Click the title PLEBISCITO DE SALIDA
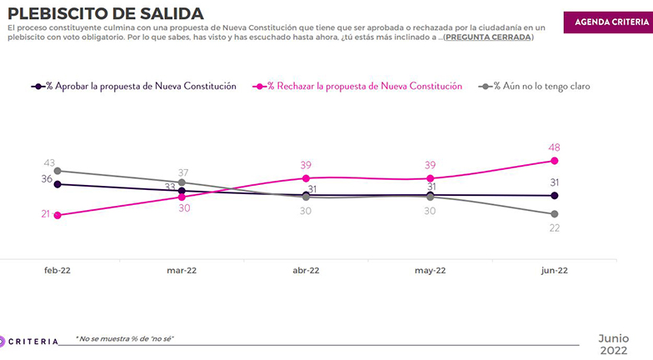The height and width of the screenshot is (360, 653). point(105,13)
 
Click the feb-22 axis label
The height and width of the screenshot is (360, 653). point(57,271)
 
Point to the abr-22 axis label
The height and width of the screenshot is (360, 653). point(306,271)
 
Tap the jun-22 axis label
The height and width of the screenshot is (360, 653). point(554,271)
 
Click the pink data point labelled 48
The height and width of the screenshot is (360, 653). point(554,161)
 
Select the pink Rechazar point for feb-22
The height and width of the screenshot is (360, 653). point(57,215)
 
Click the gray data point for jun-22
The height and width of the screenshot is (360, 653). point(554,214)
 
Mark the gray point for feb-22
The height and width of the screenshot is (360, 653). point(57,171)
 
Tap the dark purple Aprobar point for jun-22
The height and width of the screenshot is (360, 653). point(554,196)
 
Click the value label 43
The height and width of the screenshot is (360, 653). point(48,162)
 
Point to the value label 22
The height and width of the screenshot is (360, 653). point(554,227)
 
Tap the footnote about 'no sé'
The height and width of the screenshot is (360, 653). point(125,338)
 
